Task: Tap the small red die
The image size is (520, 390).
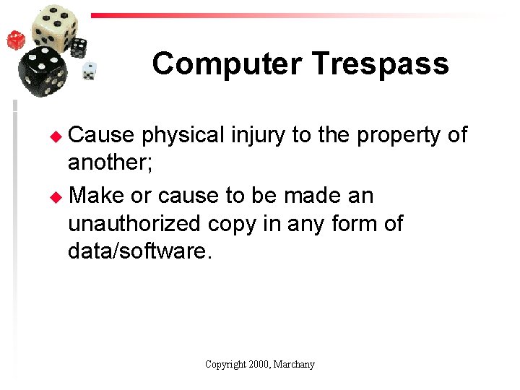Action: (16, 40)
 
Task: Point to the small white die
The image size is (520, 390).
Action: (89, 71)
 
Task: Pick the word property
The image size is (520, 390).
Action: (396, 135)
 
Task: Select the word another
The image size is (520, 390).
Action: (109, 163)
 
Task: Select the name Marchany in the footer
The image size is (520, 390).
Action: (295, 365)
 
